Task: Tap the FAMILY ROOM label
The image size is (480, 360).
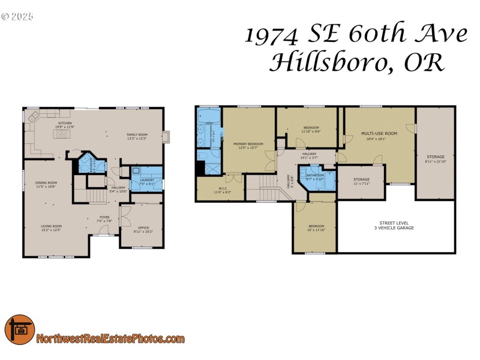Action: pyautogui.click(x=137, y=134)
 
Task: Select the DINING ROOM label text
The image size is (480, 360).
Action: pyautogui.click(x=46, y=183)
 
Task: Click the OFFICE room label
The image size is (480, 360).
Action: pyautogui.click(x=143, y=227)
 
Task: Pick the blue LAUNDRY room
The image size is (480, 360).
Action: pyautogui.click(x=147, y=179)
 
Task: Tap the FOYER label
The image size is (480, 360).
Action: pyautogui.click(x=104, y=217)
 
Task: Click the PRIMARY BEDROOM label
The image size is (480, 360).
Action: pyautogui.click(x=248, y=143)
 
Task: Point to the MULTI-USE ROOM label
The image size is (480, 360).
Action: pyautogui.click(x=379, y=133)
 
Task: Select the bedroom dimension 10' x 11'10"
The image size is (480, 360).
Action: pyautogui.click(x=316, y=230)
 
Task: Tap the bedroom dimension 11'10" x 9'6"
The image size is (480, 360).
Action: pyautogui.click(x=311, y=131)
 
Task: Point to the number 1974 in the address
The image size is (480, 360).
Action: pyautogui.click(x=271, y=35)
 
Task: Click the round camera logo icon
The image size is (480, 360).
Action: pyautogui.click(x=20, y=330)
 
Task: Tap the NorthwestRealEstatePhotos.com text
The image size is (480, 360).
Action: pyautogui.click(x=110, y=339)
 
